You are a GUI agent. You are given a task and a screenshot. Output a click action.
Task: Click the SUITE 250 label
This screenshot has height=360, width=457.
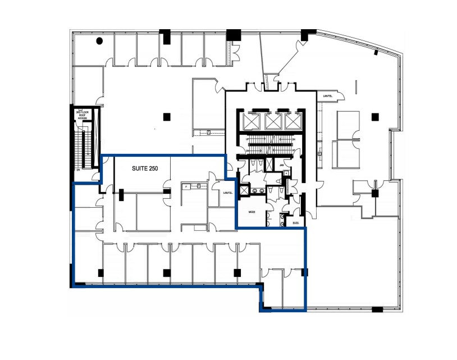click(144, 168)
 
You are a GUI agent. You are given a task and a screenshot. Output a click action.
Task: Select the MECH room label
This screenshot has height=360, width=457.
click(252, 212)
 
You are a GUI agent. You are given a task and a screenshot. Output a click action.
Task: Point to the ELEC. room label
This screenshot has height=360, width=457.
click(296, 223)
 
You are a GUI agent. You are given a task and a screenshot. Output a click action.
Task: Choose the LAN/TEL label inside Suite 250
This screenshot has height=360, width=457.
click(227, 193)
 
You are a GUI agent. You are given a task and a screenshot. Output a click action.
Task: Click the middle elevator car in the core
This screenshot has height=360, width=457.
click(273, 121)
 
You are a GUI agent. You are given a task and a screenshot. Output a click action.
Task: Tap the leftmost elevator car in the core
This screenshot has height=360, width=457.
click(257, 121)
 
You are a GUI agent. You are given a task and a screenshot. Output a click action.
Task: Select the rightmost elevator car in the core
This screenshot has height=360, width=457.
click(291, 121)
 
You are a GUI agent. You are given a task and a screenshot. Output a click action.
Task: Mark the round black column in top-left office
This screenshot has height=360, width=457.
click(99, 40)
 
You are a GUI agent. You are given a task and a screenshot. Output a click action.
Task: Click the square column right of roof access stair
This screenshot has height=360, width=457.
click(166, 116)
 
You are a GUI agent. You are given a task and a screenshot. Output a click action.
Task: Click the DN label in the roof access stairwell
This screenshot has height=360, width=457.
click(78, 169)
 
